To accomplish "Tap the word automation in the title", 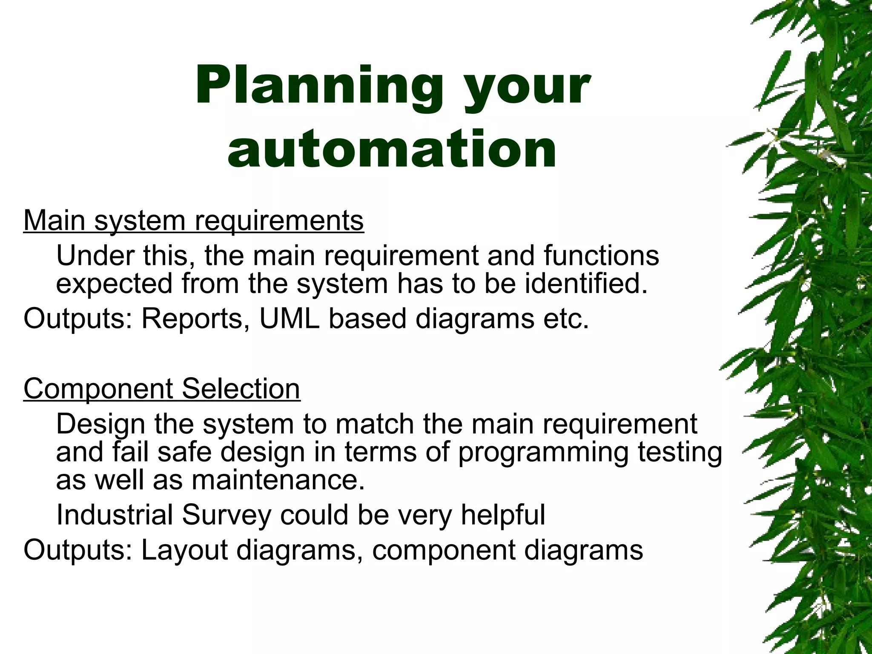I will tap(392, 149).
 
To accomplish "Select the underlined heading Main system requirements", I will tap(194, 221).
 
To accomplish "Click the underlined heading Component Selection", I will tap(162, 388).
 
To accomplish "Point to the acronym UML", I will tap(289, 318).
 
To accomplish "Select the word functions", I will tap(601, 255).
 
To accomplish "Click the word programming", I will tap(543, 452).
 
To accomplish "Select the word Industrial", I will tap(115, 515).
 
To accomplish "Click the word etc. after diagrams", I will tap(566, 318).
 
